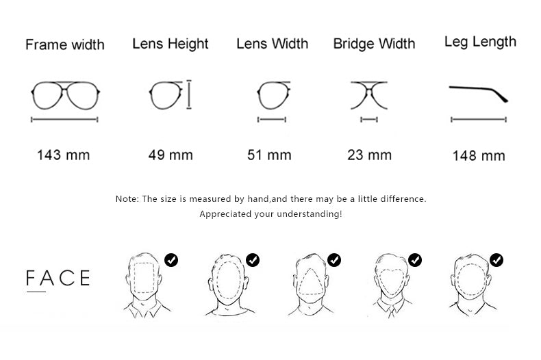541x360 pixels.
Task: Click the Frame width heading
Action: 65,44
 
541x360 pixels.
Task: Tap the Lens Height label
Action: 171,44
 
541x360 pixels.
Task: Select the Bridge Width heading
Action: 374,44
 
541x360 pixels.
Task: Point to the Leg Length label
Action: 480,42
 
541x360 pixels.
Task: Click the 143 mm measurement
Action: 64,155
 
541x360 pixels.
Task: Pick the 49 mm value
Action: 171,155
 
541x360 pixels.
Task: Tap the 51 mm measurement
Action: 269,155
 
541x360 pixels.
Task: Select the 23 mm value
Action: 370,155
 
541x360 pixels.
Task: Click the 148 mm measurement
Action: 479,156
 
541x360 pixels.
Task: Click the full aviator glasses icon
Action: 66,83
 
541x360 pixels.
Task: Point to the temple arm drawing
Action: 479,89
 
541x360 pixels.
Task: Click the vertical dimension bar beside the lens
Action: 189,94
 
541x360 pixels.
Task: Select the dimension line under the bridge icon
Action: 369,120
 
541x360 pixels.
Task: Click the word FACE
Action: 58,278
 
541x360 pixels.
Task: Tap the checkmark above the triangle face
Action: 334,260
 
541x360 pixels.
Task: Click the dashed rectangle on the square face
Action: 134,278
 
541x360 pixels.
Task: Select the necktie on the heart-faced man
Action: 391,312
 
